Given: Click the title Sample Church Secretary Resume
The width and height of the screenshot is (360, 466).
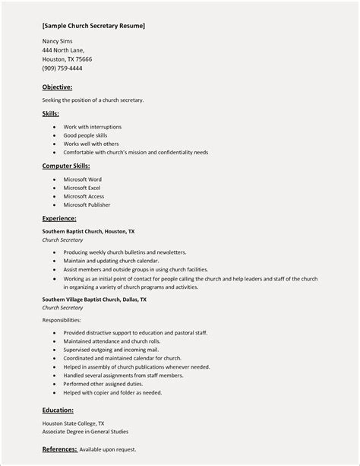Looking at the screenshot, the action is (93, 26).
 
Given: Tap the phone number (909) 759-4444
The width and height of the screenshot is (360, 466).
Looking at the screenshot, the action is (62, 68).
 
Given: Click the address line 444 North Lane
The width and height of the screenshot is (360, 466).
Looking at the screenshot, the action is (63, 50).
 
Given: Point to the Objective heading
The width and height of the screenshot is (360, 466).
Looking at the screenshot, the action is (57, 87).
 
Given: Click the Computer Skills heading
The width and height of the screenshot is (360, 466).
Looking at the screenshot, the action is (66, 166).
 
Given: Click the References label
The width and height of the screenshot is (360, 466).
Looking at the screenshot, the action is (59, 449).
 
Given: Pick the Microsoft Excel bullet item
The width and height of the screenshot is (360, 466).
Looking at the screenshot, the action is (82, 188).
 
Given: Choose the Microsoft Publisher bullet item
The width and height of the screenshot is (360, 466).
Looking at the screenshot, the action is (87, 204).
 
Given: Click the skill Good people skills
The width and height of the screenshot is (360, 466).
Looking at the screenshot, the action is (85, 135).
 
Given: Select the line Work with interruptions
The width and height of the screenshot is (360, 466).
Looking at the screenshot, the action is (92, 127).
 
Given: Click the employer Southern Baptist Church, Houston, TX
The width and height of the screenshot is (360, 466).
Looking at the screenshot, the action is (88, 231).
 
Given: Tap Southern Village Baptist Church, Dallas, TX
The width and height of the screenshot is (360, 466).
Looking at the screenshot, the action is (94, 300).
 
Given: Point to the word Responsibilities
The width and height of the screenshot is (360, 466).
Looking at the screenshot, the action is (62, 320).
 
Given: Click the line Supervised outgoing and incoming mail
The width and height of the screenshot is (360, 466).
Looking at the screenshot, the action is (111, 350).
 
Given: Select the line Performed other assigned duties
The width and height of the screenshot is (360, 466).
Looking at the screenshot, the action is (103, 384).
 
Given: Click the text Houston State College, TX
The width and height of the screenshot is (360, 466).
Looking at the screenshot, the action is (74, 423).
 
